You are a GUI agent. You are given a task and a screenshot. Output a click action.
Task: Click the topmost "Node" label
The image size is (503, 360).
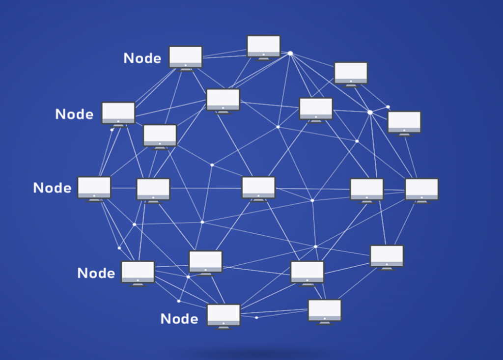142,58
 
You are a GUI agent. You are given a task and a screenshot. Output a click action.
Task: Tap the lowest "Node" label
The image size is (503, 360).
179,319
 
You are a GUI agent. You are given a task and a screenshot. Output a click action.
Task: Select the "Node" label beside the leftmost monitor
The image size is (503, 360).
52,188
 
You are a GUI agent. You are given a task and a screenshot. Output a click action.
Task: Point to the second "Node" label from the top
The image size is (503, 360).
75,114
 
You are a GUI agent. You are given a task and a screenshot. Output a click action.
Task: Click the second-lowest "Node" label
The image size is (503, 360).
96,274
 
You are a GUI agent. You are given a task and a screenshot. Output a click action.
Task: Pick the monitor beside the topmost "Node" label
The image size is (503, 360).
186,59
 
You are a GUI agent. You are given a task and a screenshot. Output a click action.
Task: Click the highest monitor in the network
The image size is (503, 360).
264,48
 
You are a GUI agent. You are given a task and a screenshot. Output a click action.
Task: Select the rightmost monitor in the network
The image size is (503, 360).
421,191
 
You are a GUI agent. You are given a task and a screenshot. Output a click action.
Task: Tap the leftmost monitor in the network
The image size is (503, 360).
94,189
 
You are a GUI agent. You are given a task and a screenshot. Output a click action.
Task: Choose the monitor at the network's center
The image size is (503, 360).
258,189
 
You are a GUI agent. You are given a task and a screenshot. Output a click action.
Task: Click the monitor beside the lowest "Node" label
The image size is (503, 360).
224,317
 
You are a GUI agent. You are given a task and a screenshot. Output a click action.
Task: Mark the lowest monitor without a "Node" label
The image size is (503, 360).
325,312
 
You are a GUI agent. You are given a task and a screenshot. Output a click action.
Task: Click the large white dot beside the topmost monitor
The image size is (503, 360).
290,54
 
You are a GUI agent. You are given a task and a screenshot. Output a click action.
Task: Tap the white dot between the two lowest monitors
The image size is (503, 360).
256,318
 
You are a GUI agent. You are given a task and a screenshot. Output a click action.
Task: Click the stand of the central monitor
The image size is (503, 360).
258,200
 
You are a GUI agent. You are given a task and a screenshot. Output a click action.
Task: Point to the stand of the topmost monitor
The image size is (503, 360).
264,59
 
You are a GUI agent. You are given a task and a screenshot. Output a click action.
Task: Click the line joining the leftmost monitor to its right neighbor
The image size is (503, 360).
124,188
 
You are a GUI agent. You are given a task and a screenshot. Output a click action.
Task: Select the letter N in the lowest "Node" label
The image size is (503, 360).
165,319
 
